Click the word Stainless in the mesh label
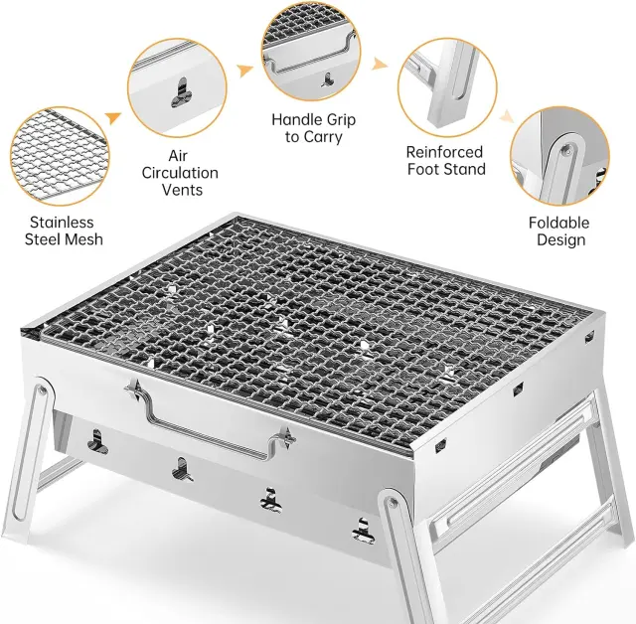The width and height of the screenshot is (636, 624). (62, 223)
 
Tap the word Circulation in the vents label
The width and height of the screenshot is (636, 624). (180, 173)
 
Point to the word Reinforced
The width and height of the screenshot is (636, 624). (444, 152)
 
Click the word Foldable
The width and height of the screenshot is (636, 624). (558, 223)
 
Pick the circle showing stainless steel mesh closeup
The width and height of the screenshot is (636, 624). (60, 157)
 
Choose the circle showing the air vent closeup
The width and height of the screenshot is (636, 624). (177, 88)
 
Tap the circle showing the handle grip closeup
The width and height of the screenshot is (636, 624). (311, 52)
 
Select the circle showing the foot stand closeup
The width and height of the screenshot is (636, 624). (447, 87)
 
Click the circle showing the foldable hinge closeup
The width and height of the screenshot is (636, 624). (559, 157)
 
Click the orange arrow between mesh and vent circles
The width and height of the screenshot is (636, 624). (113, 118)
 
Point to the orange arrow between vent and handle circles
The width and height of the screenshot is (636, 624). (245, 71)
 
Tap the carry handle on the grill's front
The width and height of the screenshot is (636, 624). (211, 421)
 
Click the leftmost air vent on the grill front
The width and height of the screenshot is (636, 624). (97, 442)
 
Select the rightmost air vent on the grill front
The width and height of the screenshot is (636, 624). (363, 532)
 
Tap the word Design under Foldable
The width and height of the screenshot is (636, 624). (560, 239)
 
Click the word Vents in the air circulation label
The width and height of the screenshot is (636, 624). (182, 190)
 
